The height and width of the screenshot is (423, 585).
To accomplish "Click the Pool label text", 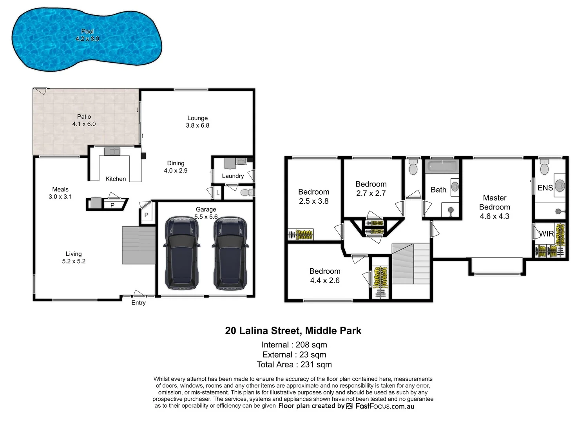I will [87, 31].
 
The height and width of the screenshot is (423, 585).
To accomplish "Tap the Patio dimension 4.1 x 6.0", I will [84, 124].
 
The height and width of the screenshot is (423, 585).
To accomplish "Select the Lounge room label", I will [197, 118].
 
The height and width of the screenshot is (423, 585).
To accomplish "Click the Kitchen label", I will [116, 179].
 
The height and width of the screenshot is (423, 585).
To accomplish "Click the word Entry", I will [138, 303].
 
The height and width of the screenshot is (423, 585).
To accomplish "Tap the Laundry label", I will [233, 176].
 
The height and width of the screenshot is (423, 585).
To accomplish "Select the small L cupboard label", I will [218, 193].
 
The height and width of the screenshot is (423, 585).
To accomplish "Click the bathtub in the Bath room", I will [442, 166].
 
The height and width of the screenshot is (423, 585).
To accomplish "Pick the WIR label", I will [546, 234].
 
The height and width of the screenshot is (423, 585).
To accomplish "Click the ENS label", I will [545, 188].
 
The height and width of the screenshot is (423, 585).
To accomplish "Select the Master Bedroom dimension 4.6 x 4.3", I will [494, 216].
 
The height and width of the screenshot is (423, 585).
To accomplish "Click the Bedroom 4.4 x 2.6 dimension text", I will [325, 280].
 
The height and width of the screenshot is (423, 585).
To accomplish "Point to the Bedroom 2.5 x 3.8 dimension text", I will [313, 201].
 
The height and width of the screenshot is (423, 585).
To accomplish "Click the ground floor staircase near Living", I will [139, 245].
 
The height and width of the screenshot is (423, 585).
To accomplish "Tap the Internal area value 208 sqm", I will [311, 345].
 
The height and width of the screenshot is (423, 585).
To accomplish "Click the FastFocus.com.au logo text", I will [384, 406].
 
